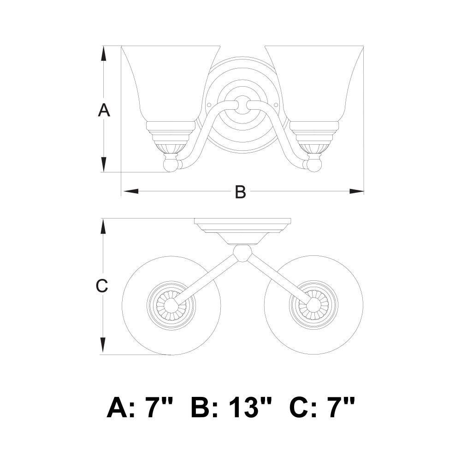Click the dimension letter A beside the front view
(104, 110)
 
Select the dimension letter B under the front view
(240, 192)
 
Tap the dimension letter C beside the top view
(102, 286)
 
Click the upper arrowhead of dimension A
(103, 54)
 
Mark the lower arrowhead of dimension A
(103, 165)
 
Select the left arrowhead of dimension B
(131, 191)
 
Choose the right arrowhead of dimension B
(356, 191)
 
